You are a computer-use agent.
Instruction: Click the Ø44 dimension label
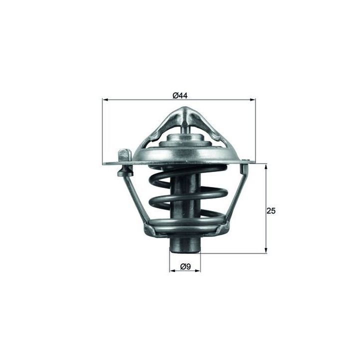coord(180,95)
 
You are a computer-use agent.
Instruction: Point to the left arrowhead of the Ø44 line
coord(105,100)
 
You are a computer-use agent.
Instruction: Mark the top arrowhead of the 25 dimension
coord(265,166)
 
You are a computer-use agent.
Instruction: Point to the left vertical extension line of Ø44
coord(102,130)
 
